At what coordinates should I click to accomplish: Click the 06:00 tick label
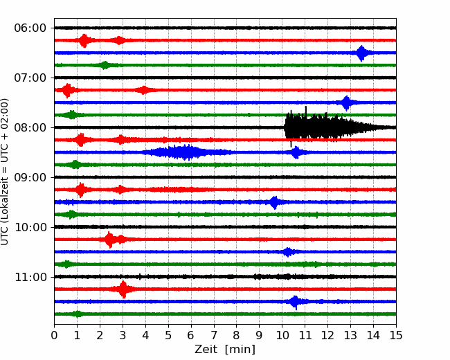[30, 28]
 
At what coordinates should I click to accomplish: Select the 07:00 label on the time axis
[30, 78]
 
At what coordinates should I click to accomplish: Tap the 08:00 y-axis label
[30, 127]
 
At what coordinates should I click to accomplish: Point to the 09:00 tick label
[30, 177]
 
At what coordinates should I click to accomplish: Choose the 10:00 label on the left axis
[30, 227]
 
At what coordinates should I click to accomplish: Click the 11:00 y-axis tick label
[30, 277]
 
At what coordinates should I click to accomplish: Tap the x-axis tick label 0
[54, 335]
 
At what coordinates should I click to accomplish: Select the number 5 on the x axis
[168, 335]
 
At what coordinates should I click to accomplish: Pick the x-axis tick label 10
[282, 335]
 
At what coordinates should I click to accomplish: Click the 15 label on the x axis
[396, 335]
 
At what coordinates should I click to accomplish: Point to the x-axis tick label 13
[350, 335]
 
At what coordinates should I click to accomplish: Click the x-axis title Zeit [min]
[225, 350]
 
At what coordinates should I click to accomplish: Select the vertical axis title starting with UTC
[5, 172]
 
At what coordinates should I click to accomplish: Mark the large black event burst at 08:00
[339, 127]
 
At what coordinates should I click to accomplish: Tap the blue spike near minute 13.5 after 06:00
[361, 53]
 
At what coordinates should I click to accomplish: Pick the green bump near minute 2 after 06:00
[105, 66]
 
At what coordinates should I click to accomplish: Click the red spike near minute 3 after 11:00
[123, 289]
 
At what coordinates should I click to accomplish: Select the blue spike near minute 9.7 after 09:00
[275, 202]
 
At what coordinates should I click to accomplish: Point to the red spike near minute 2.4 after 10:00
[109, 240]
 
